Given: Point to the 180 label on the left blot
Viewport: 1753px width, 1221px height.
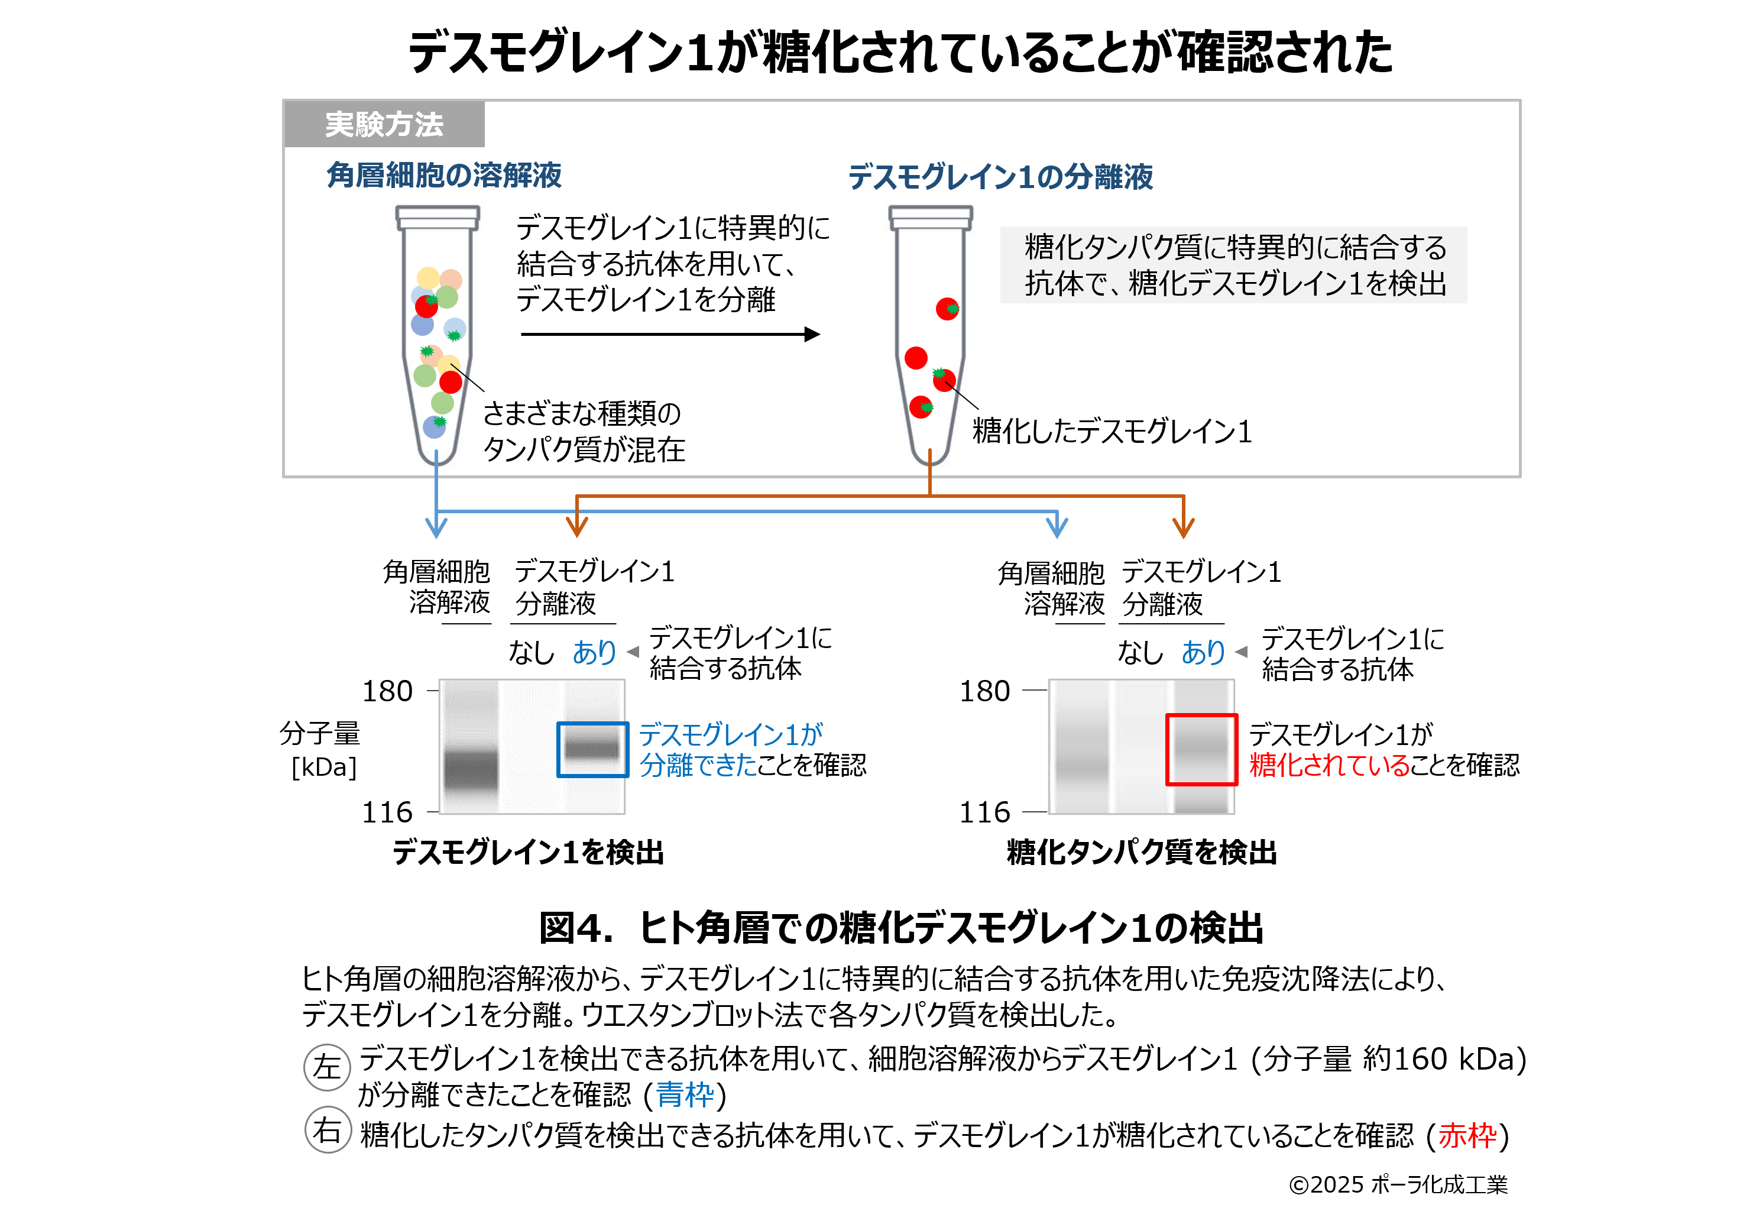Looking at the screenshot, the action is pos(387,691).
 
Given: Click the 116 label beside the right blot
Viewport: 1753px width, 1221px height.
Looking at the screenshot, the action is pos(984,812).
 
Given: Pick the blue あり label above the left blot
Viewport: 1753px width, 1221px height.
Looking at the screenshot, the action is pos(594,652).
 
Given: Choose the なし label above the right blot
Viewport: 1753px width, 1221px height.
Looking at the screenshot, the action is pos(1140,652).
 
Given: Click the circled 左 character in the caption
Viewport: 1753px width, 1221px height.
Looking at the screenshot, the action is pos(327,1067).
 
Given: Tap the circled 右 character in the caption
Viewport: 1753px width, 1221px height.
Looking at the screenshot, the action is pos(327,1130).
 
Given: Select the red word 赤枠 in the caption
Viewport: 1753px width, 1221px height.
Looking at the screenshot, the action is pos(1467,1135).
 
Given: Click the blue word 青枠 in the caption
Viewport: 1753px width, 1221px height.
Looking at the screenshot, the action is pos(685,1095).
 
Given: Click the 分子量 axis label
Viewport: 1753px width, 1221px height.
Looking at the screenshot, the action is pos(320,734).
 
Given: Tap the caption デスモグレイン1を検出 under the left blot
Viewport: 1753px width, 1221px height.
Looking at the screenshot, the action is pos(529,852).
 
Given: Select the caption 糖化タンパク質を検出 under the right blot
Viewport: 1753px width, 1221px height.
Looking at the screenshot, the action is pos(1142,852).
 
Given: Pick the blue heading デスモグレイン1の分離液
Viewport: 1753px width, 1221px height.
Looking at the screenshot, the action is pos(1000,176).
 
